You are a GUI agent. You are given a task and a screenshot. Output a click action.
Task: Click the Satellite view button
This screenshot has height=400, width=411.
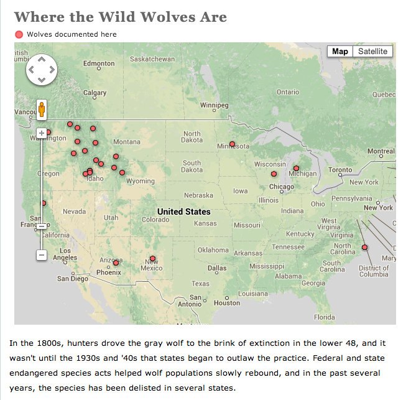[x=372, y=52]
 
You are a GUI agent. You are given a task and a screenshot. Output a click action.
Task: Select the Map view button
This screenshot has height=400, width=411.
[x=340, y=52]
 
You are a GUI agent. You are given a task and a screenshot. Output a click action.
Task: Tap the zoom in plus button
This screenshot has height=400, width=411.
[x=42, y=133]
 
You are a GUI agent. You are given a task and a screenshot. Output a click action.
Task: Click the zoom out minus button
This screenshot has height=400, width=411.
[x=42, y=254]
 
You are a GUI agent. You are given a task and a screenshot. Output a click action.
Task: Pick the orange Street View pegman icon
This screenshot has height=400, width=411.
[x=42, y=109]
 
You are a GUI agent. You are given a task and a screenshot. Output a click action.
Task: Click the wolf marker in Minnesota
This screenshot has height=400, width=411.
[x=232, y=144]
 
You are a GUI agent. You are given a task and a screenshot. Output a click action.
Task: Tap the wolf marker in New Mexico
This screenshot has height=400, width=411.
[x=152, y=258]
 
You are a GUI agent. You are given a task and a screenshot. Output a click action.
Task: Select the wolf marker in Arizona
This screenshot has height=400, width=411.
[x=116, y=263]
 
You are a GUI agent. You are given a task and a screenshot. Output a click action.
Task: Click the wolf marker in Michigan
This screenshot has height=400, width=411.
[x=296, y=168]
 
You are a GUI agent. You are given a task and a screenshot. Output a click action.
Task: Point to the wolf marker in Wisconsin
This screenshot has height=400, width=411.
[x=274, y=174]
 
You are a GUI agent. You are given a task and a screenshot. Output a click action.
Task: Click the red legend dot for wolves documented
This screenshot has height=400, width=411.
[x=19, y=34]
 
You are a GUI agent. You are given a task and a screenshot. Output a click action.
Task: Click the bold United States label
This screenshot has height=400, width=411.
[x=183, y=212]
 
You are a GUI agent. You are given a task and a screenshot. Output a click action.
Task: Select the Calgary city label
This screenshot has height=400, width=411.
[x=95, y=93]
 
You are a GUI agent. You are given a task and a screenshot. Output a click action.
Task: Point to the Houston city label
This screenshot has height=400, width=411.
[x=226, y=303]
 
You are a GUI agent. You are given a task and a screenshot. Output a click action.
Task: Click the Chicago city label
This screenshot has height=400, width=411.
[x=282, y=187]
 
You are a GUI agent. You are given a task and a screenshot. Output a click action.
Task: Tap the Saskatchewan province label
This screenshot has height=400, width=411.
[x=152, y=59]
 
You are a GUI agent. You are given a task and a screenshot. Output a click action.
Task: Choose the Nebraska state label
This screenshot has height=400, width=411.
[x=198, y=195]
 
